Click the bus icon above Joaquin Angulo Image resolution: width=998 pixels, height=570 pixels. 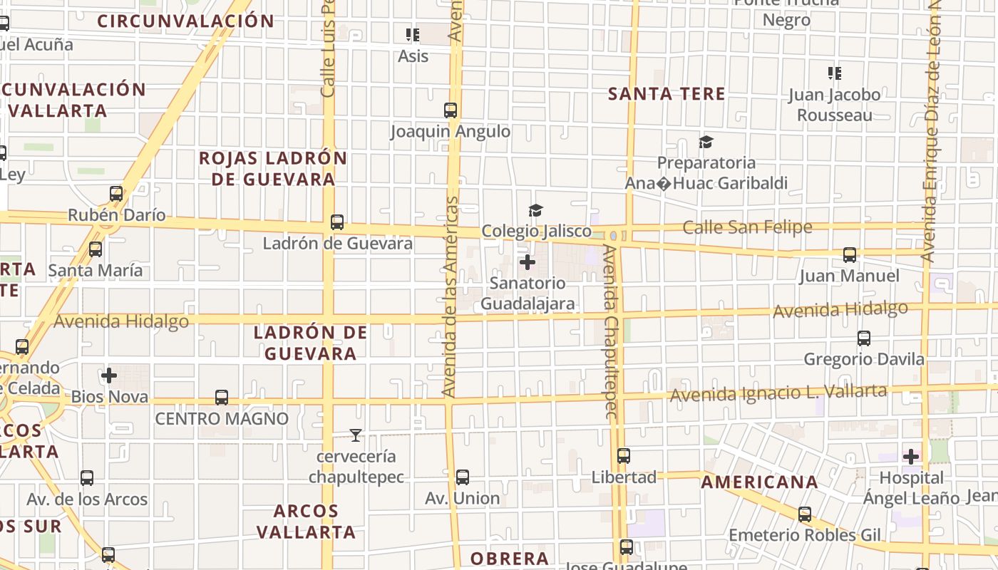point(451,110)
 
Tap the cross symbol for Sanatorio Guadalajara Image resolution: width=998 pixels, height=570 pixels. point(528,263)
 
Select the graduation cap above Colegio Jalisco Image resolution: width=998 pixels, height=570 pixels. point(535,210)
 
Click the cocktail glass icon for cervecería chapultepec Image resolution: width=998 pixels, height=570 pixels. point(356,435)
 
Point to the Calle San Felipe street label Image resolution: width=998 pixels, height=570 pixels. point(747,227)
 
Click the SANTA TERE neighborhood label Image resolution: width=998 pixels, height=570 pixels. point(667,94)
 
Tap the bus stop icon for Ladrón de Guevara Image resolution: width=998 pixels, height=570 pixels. point(337,222)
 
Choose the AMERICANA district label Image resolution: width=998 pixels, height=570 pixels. point(760,482)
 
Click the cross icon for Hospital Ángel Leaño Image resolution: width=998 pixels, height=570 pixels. point(911,457)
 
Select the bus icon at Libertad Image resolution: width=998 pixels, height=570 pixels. point(624,456)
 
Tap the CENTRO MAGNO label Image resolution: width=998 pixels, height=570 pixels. point(222,418)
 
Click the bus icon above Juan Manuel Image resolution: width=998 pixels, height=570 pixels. point(849,255)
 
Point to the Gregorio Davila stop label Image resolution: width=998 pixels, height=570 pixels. point(864,359)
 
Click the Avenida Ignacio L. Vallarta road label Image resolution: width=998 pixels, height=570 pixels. point(778,393)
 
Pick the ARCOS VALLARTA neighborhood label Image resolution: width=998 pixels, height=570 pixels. point(306,522)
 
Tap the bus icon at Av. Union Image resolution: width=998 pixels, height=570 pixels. point(463,477)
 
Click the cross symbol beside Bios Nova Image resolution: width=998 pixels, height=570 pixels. point(109,375)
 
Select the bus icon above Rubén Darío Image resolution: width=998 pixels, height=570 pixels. point(116,194)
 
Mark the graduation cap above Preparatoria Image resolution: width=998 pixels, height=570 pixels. point(706,142)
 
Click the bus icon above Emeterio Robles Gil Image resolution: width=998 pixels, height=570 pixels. point(805,514)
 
